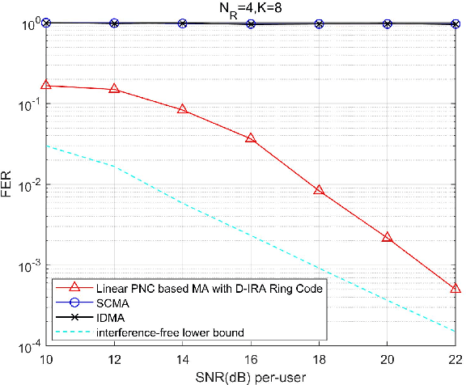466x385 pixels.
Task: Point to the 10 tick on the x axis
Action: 46,359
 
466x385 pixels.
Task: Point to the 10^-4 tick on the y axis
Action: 28,347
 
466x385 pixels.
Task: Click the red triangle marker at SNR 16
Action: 251,138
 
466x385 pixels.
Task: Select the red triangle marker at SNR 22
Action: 455,288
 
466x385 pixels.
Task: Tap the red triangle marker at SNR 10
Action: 46,84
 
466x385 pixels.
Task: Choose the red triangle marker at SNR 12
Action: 114,88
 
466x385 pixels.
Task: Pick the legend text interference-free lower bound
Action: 166,332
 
